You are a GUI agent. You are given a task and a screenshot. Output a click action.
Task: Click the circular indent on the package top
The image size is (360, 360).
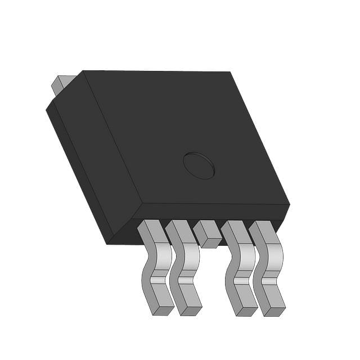pos(199,165)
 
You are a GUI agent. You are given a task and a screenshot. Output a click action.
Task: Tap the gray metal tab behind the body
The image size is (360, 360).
pos(61,84)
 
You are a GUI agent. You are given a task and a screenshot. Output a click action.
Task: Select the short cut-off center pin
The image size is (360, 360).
pos(208,233)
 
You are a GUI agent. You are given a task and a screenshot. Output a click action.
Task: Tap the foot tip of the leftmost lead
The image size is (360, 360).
pos(164,310)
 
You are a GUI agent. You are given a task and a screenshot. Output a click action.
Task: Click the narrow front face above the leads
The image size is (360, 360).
pos(214,212)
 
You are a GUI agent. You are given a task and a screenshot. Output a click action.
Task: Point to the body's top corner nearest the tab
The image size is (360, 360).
pos(83,71)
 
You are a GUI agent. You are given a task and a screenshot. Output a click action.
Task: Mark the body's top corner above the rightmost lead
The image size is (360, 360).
pos(289,204)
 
